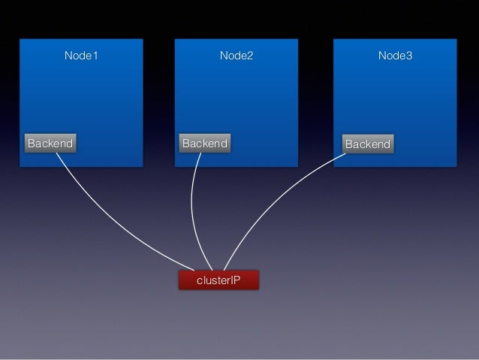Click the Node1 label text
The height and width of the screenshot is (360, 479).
click(x=81, y=56)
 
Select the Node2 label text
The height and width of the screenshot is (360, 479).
click(x=236, y=56)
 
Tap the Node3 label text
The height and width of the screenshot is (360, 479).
click(x=395, y=56)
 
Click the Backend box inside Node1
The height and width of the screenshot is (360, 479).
click(x=50, y=143)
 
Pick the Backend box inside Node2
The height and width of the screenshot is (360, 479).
click(x=205, y=143)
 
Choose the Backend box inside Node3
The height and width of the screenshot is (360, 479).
click(x=367, y=144)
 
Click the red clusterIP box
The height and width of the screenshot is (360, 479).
click(x=218, y=280)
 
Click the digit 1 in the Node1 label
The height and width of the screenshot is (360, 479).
click(x=95, y=56)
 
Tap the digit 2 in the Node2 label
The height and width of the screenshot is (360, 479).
click(x=251, y=56)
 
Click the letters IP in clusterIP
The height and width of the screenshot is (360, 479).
click(x=234, y=280)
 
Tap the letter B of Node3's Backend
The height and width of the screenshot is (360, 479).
click(x=349, y=144)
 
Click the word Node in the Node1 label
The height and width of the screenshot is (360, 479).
click(x=77, y=56)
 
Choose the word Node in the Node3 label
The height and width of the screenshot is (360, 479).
click(x=390, y=56)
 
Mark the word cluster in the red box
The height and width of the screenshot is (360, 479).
click(x=212, y=280)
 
